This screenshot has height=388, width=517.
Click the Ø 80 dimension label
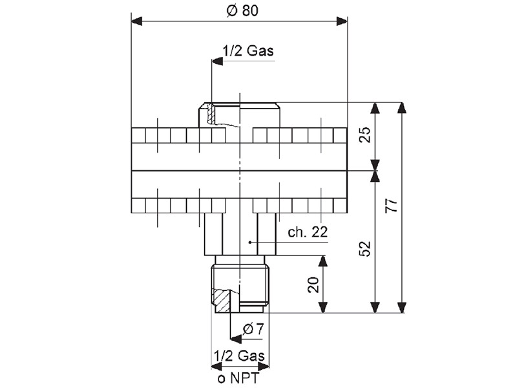pyautogui.click(x=242, y=11)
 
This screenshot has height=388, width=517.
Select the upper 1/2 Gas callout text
pyautogui.click(x=248, y=51)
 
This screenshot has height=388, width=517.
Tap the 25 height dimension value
pyautogui.click(x=365, y=135)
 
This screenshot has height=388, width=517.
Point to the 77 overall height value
pyautogui.click(x=392, y=206)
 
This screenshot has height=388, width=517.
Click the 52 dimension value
pyautogui.click(x=365, y=249)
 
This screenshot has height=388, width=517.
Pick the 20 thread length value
pyautogui.click(x=313, y=285)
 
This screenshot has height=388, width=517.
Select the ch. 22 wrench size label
pyautogui.click(x=308, y=232)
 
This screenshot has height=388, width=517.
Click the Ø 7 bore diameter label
pyautogui.click(x=253, y=329)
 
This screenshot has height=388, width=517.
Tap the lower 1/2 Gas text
pyautogui.click(x=239, y=356)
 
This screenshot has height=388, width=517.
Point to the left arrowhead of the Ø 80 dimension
pyautogui.click(x=137, y=22)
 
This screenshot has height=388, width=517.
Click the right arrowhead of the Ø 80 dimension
pyautogui.click(x=342, y=22)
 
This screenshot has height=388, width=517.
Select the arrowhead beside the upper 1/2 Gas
pyautogui.click(x=217, y=61)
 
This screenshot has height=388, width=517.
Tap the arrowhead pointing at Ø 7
pyautogui.click(x=236, y=339)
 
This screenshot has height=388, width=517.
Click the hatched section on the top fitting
pyautogui.click(x=211, y=114)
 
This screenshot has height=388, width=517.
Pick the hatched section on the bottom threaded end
pyautogui.click(x=222, y=301)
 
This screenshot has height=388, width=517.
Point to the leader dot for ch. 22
pyautogui.click(x=250, y=242)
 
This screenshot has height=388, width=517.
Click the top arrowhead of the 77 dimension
pyautogui.click(x=401, y=108)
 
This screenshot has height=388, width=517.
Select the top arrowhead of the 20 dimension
pyautogui.click(x=323, y=261)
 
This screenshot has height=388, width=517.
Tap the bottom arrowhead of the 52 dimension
pyautogui.click(x=375, y=307)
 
